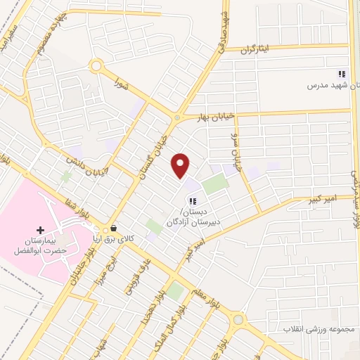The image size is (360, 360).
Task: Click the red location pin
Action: pos(181,165)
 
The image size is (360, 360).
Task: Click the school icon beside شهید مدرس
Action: pos(342,74)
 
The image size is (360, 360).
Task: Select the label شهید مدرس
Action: pos(328,86)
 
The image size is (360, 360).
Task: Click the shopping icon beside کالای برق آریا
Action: pos(113,229)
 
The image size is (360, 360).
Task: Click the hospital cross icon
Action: pos(40,229)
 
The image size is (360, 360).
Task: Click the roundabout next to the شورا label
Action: pos(96,67)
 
